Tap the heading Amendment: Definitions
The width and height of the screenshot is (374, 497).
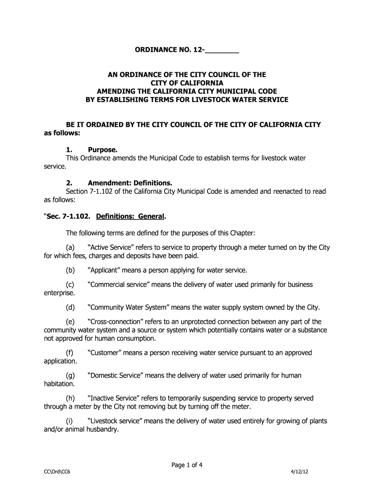pyautogui.click(x=130, y=183)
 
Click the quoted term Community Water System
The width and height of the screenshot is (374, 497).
pyautogui.click(x=129, y=307)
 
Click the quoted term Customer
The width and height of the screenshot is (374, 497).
pyautogui.click(x=105, y=353)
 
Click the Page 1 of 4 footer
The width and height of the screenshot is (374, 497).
pyautogui.click(x=187, y=465)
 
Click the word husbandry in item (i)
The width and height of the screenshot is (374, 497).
pyautogui.click(x=100, y=429)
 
